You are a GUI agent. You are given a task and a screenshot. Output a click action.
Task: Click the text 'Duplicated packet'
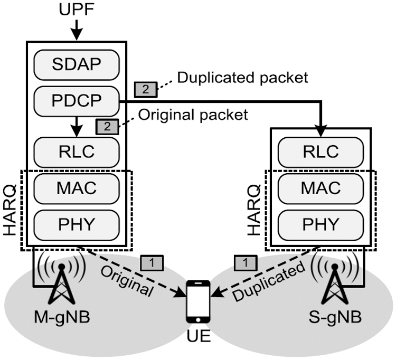(242, 78)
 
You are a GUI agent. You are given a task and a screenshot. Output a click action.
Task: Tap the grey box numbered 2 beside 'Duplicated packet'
(145, 89)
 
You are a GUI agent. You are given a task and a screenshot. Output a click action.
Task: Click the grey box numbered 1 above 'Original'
(154, 261)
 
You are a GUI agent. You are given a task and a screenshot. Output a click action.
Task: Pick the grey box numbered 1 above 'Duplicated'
(244, 261)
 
